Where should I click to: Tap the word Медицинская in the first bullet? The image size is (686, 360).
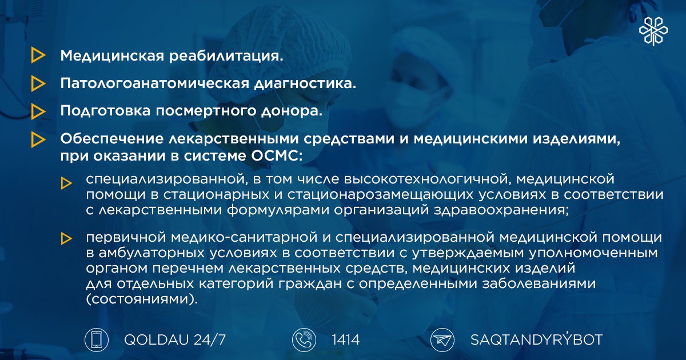(x=112, y=56)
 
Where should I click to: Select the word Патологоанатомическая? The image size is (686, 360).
(x=155, y=83)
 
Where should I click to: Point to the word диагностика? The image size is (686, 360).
(x=305, y=84)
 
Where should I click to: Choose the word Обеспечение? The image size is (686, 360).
(x=112, y=139)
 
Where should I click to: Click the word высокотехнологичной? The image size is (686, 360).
(x=426, y=179)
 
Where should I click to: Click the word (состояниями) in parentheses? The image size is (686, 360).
(x=142, y=299)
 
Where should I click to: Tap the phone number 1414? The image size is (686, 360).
(x=345, y=340)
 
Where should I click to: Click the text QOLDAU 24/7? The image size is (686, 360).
(x=175, y=340)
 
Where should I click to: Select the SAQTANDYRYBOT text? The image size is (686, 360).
(x=537, y=339)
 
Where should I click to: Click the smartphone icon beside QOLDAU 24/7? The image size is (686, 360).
(x=97, y=340)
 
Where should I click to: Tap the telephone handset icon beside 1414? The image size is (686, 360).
(x=304, y=340)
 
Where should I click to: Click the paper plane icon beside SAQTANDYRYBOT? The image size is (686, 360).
(x=442, y=340)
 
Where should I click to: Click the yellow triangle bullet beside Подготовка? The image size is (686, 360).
(x=37, y=111)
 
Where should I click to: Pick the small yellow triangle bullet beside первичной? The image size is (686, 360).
(x=66, y=238)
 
